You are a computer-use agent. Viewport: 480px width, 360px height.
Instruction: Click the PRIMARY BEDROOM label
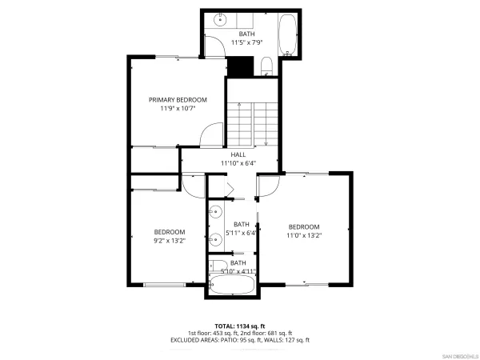coord(178,100)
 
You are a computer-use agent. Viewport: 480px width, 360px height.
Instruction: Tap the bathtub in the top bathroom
coord(286,34)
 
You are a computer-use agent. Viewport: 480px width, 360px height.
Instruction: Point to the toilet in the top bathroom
coord(268,66)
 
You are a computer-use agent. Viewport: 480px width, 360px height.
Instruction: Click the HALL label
coord(238,154)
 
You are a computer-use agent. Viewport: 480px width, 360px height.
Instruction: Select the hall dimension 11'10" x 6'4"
coord(238,163)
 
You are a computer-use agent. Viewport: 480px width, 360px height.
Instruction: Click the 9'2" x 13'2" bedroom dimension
coord(170,240)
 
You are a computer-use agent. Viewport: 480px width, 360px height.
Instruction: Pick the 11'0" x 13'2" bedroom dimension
coord(304,235)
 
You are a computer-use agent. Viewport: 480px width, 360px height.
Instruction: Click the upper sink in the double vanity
coord(216,212)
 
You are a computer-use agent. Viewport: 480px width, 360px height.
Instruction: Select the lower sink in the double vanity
coord(216,238)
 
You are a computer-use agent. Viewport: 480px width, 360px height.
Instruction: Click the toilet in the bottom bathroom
coord(218,268)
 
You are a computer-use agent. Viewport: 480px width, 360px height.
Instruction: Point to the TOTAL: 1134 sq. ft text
coord(240,326)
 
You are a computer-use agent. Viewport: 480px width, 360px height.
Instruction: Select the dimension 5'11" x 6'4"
coord(241,233)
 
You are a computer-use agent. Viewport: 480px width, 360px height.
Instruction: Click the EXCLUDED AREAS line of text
coord(240,340)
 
